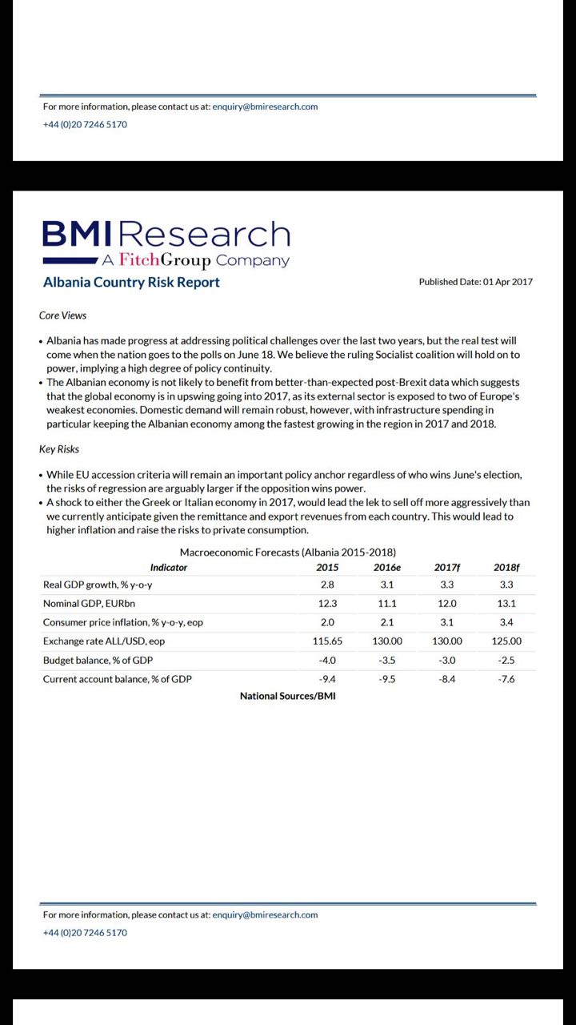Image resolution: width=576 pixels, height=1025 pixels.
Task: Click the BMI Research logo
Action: tap(166, 243)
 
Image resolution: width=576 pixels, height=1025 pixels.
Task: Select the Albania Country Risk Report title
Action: tap(131, 282)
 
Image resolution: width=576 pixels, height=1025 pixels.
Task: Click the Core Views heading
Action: tap(62, 316)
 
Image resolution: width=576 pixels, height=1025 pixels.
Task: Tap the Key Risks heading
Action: tap(59, 449)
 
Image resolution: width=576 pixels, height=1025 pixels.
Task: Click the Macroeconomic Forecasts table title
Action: tap(287, 553)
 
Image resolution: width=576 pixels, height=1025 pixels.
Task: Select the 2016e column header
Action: tap(387, 567)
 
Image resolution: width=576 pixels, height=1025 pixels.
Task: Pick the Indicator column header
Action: tap(169, 567)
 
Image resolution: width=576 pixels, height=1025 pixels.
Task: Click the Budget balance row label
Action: tap(98, 660)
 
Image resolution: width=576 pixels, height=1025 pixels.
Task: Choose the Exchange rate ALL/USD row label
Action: tap(104, 641)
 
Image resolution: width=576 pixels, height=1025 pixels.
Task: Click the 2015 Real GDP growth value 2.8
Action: tap(327, 585)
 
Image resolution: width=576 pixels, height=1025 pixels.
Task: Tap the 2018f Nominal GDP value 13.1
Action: tap(506, 604)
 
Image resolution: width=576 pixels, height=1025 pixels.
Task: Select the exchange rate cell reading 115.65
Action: tap(327, 641)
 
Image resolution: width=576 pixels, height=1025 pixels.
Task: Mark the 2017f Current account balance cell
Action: tap(446, 679)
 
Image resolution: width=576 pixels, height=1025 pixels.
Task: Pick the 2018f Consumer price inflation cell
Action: tap(506, 622)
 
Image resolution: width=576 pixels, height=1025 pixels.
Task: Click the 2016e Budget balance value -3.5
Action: tap(387, 660)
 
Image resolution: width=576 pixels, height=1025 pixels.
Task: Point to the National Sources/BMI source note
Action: tap(287, 696)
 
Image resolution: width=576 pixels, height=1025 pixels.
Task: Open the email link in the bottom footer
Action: tap(265, 914)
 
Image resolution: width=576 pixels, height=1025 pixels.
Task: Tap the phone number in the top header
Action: tap(85, 124)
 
